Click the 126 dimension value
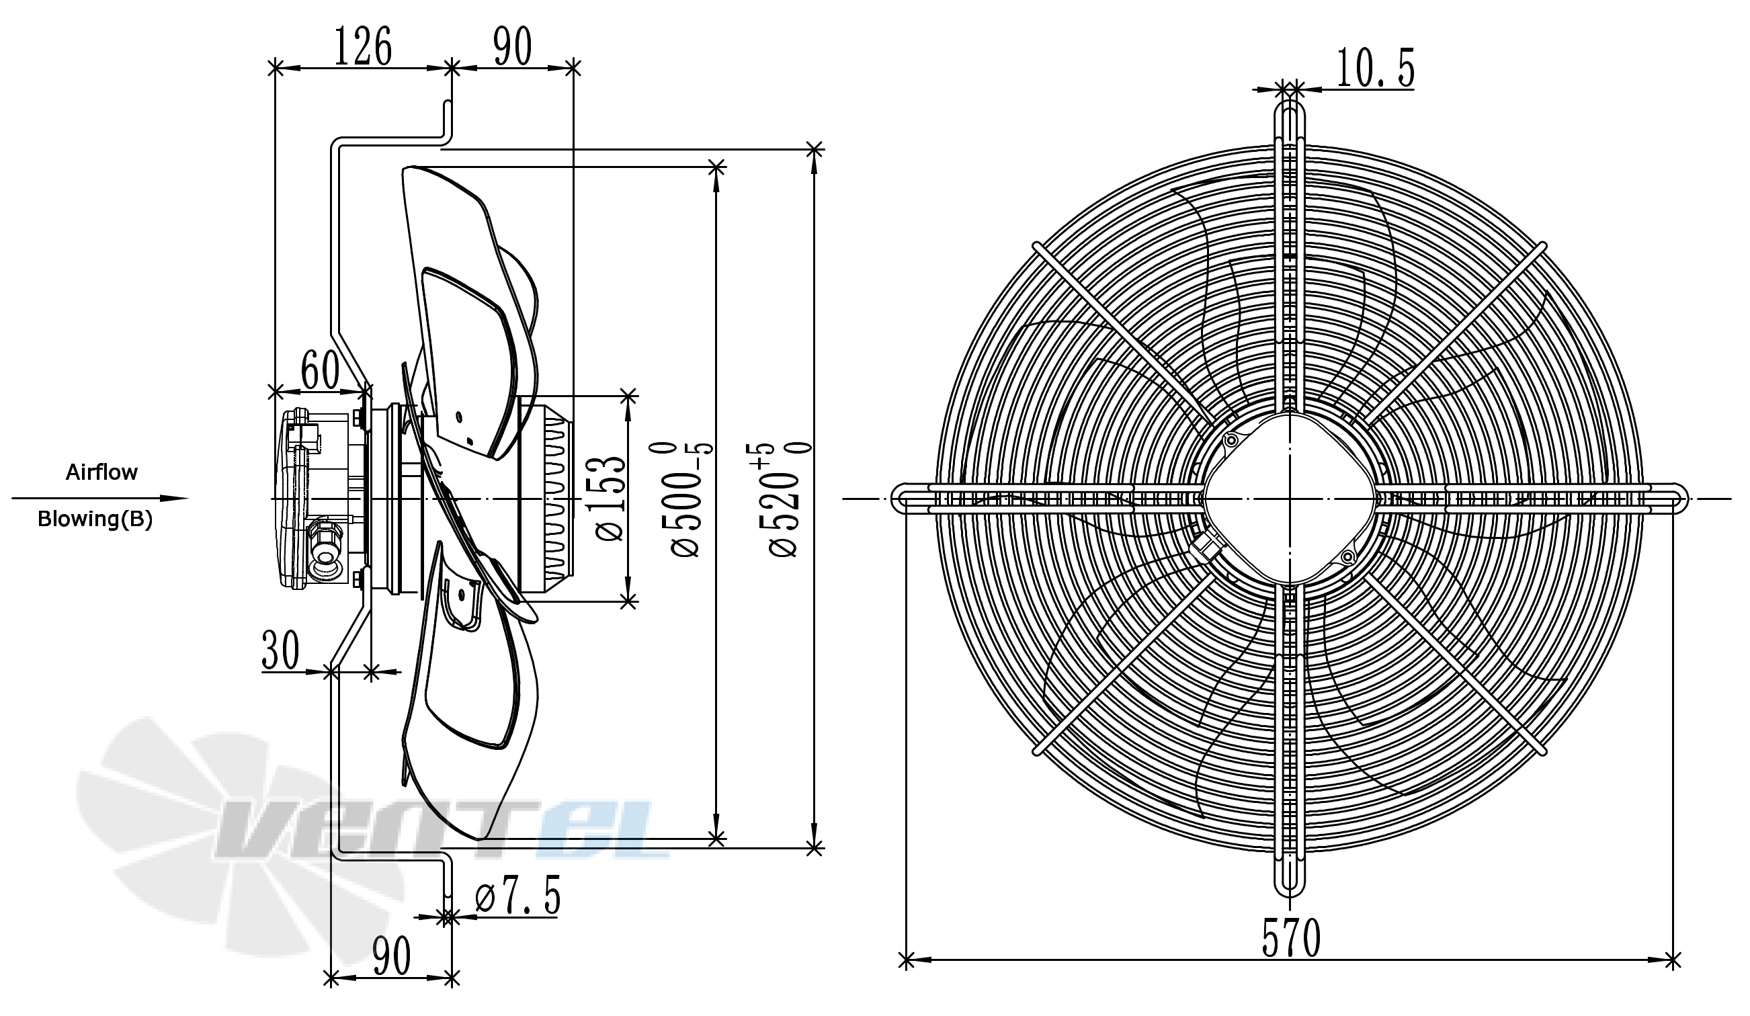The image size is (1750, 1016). tap(363, 46)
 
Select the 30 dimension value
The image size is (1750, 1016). tap(280, 650)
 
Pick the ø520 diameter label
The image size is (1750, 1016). tap(786, 498)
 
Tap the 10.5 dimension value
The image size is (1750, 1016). tap(1375, 69)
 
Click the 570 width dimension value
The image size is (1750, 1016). tap(1290, 938)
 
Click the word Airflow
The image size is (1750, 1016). tap(101, 472)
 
